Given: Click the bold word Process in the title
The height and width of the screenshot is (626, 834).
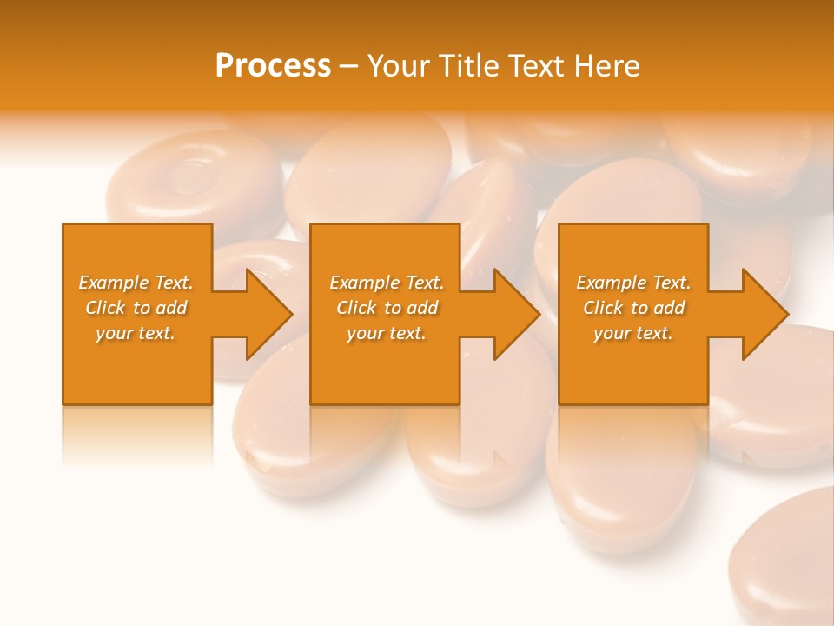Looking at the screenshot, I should coord(273,66).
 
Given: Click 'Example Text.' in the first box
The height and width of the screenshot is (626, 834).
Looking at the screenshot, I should coord(136,283).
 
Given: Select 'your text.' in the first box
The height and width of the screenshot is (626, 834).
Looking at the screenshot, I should coord(136,333).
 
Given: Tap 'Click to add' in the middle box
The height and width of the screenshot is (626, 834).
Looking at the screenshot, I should coord(387,308).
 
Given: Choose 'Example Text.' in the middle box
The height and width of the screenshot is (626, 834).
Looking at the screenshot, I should coord(387,283).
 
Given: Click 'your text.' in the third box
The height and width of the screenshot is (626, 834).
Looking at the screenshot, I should coord(633,333).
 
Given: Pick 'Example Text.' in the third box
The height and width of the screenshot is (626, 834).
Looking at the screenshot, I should coord(633,283).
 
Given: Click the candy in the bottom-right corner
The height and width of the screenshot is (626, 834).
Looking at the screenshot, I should coord(786,565).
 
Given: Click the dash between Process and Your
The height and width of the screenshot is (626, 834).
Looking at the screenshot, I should coord(349,66).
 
